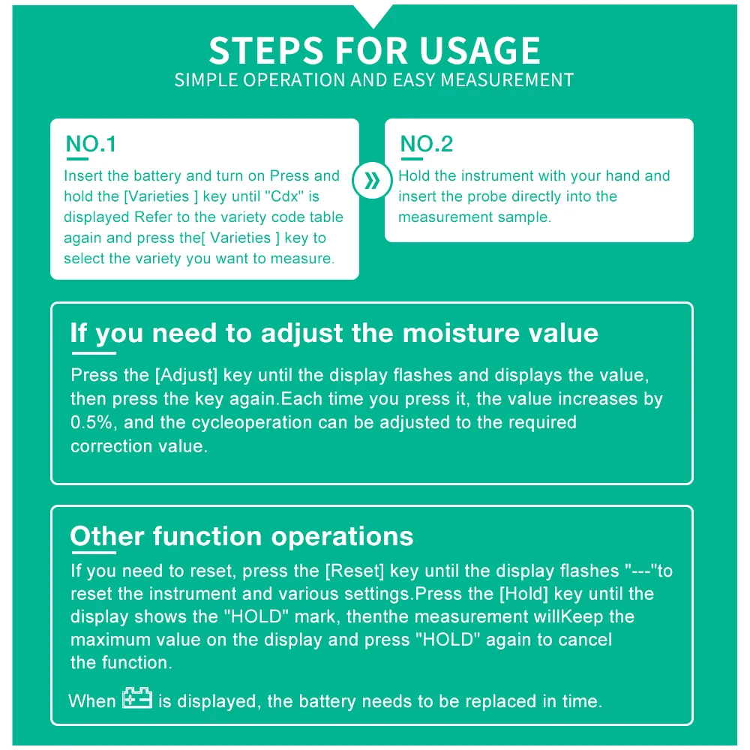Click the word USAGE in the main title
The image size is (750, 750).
[480, 50]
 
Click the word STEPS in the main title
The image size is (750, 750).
[266, 50]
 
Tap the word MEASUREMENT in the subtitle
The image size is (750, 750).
[507, 80]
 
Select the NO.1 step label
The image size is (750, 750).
[91, 144]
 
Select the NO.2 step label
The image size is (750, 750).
[426, 144]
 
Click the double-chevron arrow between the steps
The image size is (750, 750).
[372, 181]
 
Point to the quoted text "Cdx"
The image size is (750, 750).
[284, 196]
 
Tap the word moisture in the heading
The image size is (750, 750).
[461, 333]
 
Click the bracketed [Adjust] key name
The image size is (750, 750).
[187, 376]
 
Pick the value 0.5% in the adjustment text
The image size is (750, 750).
[91, 422]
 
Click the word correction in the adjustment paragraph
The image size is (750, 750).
[112, 446]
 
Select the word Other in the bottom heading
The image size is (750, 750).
[107, 536]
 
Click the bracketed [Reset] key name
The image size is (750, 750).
[355, 571]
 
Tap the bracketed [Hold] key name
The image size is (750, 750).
[523, 594]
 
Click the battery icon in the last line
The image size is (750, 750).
[137, 697]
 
